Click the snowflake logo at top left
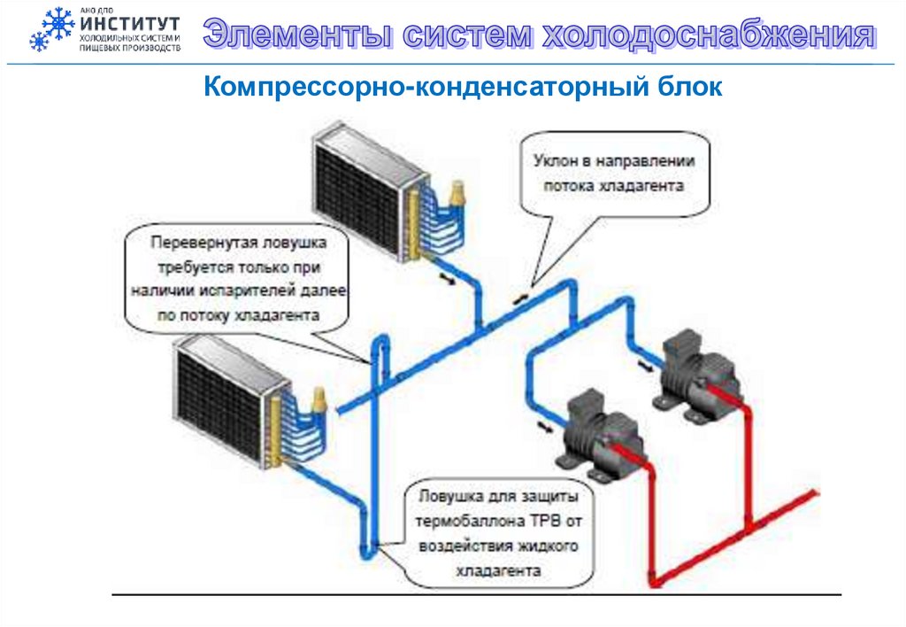tap(51, 29)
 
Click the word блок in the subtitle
tap(693, 87)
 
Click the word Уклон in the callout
tap(555, 162)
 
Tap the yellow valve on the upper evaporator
tap(458, 194)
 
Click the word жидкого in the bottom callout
tap(549, 546)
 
